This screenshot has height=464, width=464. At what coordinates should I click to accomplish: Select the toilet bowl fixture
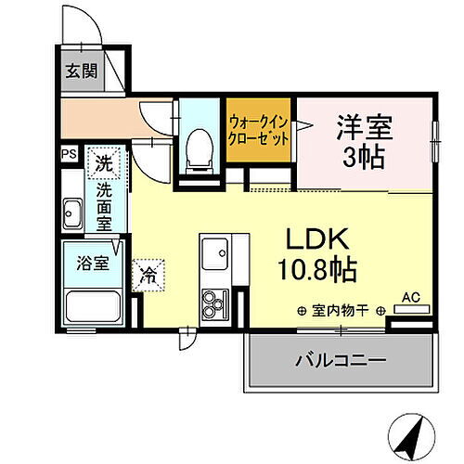coord(196,151)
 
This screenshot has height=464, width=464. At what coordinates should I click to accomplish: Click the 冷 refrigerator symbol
coord(148,274)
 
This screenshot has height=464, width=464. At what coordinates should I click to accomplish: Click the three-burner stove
coord(216,303)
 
